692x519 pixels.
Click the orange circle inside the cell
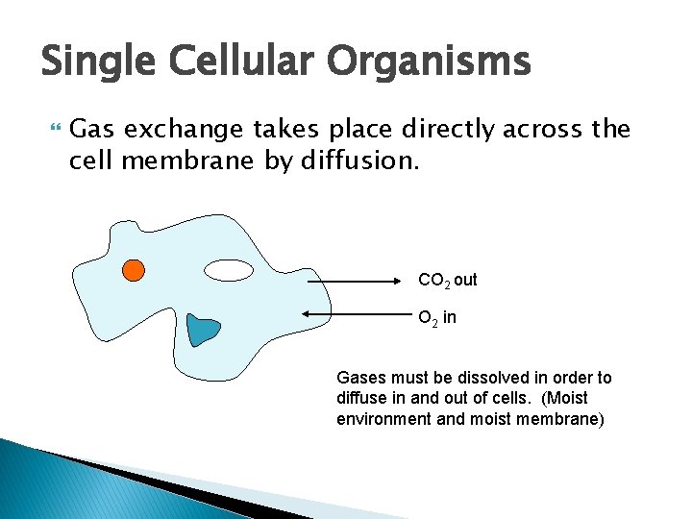(135, 270)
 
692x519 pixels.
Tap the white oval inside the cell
(230, 271)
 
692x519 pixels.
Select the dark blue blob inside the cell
(204, 330)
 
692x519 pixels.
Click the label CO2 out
(447, 281)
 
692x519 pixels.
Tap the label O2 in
(437, 317)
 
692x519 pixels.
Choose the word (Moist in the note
(565, 398)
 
